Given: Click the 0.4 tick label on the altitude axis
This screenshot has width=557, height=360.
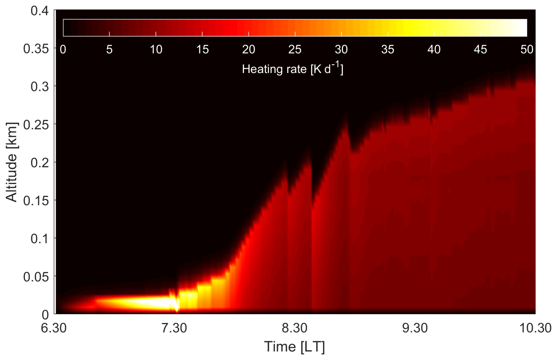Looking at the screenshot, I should [39, 11].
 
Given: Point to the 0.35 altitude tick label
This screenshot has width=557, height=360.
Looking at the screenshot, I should [36, 49].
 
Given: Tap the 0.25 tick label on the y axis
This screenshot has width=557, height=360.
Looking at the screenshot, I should [36, 125].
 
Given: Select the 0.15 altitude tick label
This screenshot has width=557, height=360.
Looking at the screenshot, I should [36, 201].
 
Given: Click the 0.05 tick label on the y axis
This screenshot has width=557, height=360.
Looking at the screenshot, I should [36, 277].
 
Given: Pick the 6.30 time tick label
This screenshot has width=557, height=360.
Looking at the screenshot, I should [54, 328].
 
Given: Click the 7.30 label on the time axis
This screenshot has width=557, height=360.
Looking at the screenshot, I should [174, 328].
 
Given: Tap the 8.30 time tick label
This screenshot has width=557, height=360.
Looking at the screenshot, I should [294, 328].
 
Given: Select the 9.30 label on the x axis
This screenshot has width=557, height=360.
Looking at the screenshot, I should [415, 328].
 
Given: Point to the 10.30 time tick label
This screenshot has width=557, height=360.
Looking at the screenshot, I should [535, 328].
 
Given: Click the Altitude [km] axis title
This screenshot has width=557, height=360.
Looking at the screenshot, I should [12, 162].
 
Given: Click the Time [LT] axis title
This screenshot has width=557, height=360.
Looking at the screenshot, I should [294, 347].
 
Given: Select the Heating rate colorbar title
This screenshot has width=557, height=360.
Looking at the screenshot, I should [292, 69].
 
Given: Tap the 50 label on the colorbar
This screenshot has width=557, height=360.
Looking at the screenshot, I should [527, 49].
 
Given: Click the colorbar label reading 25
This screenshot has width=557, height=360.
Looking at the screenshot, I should [295, 49].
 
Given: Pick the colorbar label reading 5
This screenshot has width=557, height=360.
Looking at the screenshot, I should [109, 49].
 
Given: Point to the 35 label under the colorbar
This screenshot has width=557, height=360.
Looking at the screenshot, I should [387, 49].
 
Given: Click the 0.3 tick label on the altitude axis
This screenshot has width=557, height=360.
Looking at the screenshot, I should [39, 87].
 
